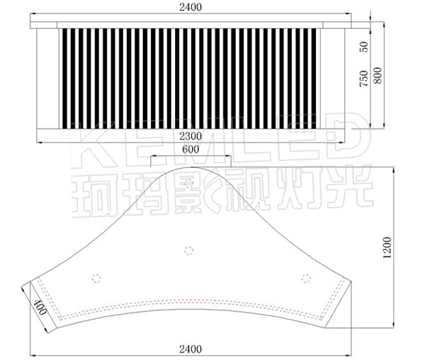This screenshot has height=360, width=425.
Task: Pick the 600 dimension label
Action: pyautogui.click(x=190, y=150)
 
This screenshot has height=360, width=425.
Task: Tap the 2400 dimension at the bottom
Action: pyautogui.click(x=191, y=349)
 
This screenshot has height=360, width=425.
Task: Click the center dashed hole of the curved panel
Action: pyautogui.click(x=188, y=249)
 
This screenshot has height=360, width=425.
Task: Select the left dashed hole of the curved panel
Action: pyautogui.click(x=96, y=276)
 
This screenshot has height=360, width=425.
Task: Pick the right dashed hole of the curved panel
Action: pyautogui.click(x=305, y=276)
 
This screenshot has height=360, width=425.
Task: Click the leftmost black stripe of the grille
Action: pyautogui.click(x=61, y=78)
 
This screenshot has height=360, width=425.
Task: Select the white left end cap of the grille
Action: pyautogui.click(x=47, y=78)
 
